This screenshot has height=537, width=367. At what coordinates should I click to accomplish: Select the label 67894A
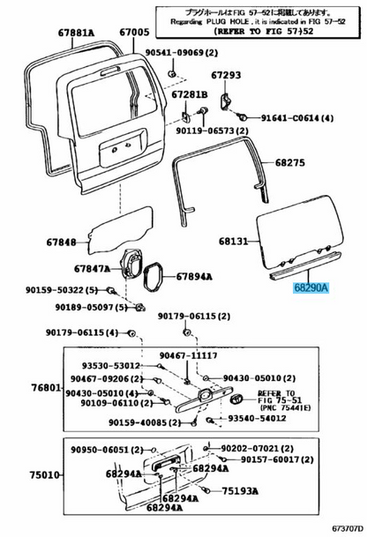[194, 276]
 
